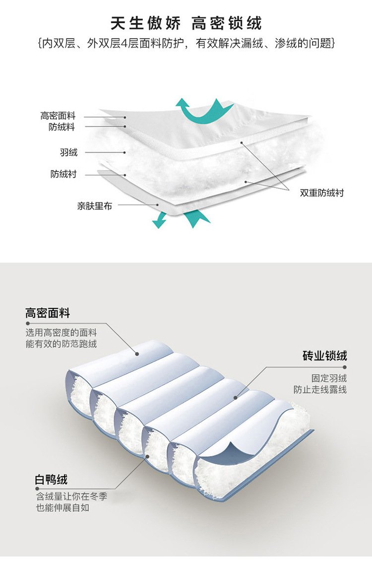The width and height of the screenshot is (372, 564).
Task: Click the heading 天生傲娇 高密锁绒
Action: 186,23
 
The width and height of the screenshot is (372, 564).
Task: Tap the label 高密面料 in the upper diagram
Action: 58,116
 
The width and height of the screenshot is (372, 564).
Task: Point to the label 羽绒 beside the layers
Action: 69,152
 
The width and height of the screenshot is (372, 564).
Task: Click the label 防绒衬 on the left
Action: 63,175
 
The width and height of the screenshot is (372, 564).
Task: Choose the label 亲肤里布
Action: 94,205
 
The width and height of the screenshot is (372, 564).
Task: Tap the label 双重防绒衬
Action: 321,192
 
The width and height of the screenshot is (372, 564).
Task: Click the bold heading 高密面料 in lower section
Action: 48,313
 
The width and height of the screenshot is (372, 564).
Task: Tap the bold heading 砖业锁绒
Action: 324,356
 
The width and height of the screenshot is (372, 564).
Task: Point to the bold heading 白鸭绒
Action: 51,480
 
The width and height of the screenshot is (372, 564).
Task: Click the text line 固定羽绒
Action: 329,378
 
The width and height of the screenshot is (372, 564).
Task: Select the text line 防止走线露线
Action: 319,389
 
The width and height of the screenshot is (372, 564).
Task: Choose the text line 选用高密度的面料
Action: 61,333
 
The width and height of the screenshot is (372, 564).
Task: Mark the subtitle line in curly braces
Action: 186,44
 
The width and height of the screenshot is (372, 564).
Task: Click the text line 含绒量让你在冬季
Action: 71,496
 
